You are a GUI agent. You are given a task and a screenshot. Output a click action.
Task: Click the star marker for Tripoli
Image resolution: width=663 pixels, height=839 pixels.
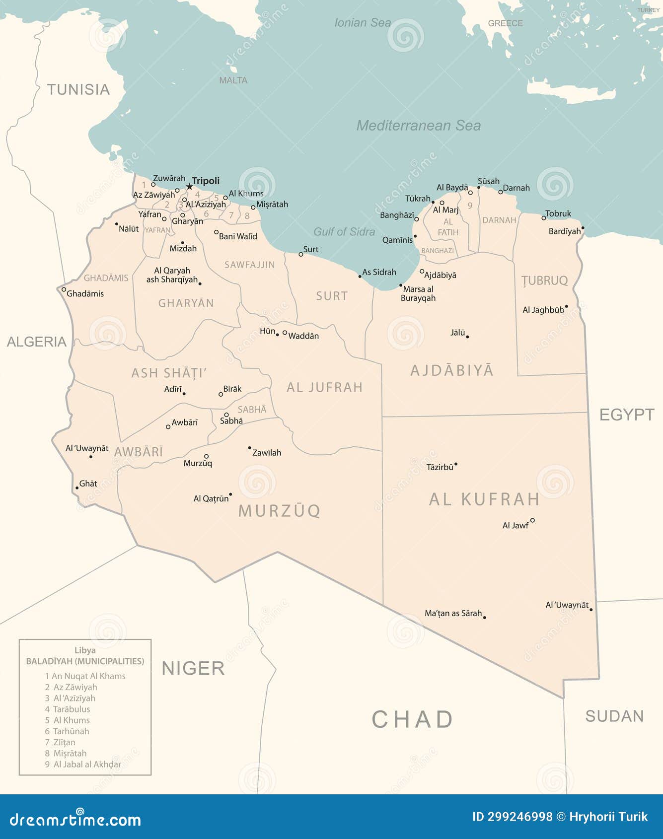[189, 187]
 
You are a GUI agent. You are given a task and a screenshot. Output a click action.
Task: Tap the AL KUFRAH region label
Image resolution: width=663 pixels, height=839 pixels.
[484, 499]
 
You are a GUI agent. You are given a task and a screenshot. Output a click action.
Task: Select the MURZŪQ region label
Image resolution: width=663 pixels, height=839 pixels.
[279, 511]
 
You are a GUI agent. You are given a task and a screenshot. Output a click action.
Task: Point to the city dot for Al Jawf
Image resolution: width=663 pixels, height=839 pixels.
[532, 520]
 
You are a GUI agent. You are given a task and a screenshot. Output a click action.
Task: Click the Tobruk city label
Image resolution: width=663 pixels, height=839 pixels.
[558, 214]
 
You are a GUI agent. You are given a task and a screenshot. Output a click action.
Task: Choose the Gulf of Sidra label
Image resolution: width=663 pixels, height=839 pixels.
[344, 232]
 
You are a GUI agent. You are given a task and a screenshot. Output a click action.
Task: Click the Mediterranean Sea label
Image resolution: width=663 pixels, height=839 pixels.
[418, 126]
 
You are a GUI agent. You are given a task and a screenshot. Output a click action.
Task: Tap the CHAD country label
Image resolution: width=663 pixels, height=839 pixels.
[412, 719]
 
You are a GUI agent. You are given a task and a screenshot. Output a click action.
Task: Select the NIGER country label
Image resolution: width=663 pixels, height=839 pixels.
[193, 669]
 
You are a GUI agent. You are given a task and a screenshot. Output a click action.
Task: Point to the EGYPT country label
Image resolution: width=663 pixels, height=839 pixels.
[627, 415]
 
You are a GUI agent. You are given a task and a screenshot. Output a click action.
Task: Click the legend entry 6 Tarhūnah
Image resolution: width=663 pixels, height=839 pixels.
[67, 731]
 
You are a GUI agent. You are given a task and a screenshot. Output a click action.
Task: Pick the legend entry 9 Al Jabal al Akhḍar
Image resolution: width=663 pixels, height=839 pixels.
[83, 765]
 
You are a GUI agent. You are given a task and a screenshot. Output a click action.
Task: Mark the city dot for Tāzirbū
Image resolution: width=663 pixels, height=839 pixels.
[456, 465]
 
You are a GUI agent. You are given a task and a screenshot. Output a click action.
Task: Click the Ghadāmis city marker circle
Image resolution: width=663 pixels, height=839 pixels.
[64, 289]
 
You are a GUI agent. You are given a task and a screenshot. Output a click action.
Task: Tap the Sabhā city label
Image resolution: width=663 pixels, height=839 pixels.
[231, 421]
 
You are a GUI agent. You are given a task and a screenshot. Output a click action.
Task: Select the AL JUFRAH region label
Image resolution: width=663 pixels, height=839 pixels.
[325, 387]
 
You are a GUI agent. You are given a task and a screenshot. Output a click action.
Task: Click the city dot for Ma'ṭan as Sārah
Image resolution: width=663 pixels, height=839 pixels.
[484, 617]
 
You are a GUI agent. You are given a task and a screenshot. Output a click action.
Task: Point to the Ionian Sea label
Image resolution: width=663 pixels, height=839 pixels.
[363, 23]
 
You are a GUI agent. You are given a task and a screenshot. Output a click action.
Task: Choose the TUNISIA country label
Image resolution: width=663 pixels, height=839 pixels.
[78, 89]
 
